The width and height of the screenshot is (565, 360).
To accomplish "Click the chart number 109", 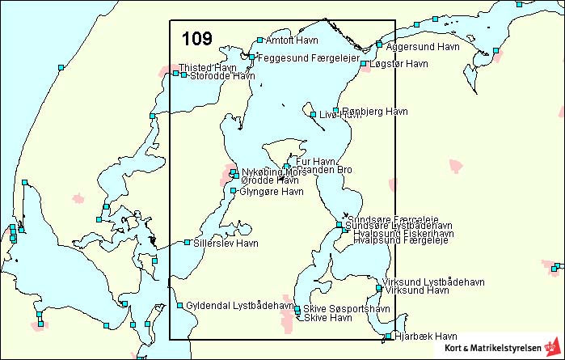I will [197, 39].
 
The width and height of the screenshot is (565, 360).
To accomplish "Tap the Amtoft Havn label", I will [292, 40].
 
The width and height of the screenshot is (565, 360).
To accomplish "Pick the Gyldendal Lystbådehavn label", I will [240, 306].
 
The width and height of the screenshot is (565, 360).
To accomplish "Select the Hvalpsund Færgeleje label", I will [401, 241].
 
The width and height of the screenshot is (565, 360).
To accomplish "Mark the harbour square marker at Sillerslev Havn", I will [187, 242].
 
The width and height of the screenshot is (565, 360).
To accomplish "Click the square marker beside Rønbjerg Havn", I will [336, 111].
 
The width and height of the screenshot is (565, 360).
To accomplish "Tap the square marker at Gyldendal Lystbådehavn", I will [179, 306].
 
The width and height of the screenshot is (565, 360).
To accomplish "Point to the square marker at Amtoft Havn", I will [259, 40].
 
